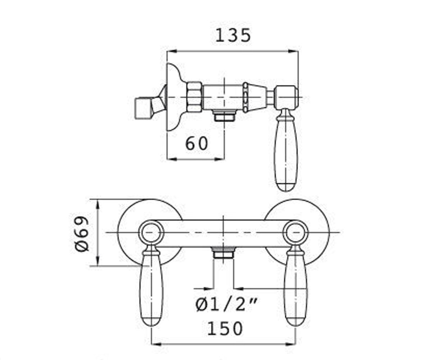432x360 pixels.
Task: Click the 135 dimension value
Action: [233, 35]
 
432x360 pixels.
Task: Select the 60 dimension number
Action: [197, 143]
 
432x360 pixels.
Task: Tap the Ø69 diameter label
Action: [82, 234]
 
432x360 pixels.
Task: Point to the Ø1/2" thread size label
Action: [226, 305]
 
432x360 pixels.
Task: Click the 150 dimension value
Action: [225, 329]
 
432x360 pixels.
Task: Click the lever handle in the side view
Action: [287, 150]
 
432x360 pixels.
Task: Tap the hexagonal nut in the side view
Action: [194, 97]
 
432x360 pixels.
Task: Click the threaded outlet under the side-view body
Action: [225, 116]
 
